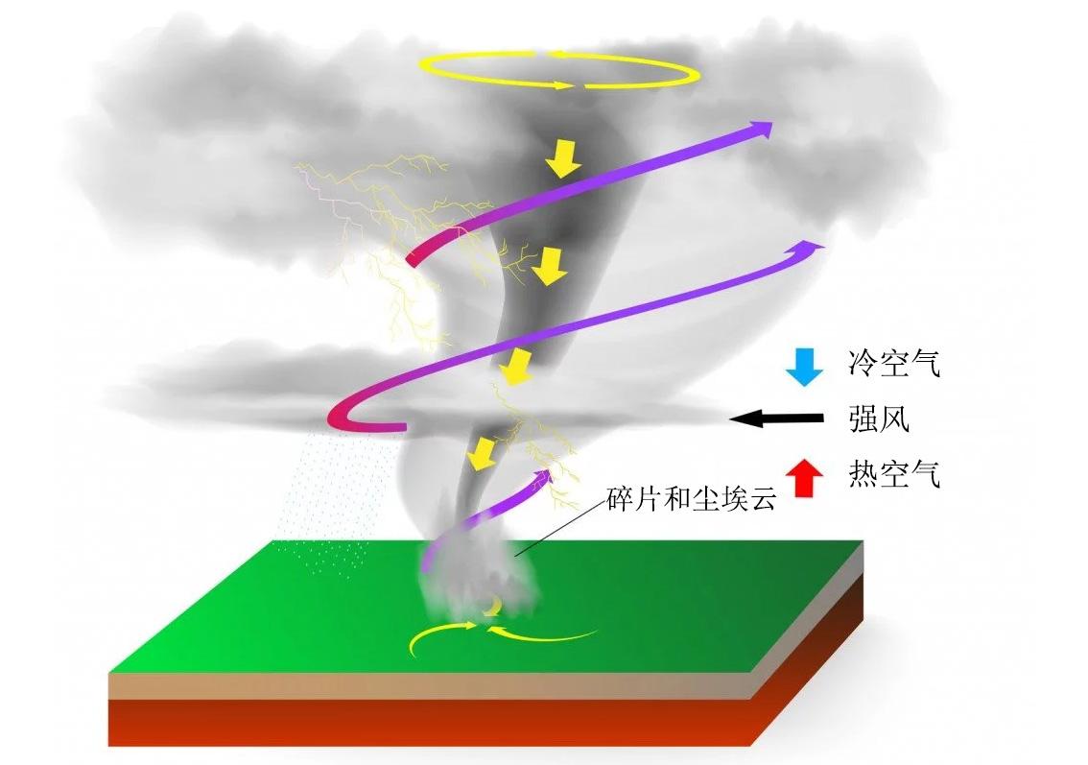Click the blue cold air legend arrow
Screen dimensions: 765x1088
click(x=804, y=367)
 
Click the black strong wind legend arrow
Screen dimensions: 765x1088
click(x=776, y=418)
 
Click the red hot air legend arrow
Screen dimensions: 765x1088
click(x=804, y=477)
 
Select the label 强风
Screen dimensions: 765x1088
click(x=879, y=418)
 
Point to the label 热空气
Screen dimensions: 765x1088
click(x=892, y=473)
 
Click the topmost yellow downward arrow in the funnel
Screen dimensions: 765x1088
click(x=564, y=159)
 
